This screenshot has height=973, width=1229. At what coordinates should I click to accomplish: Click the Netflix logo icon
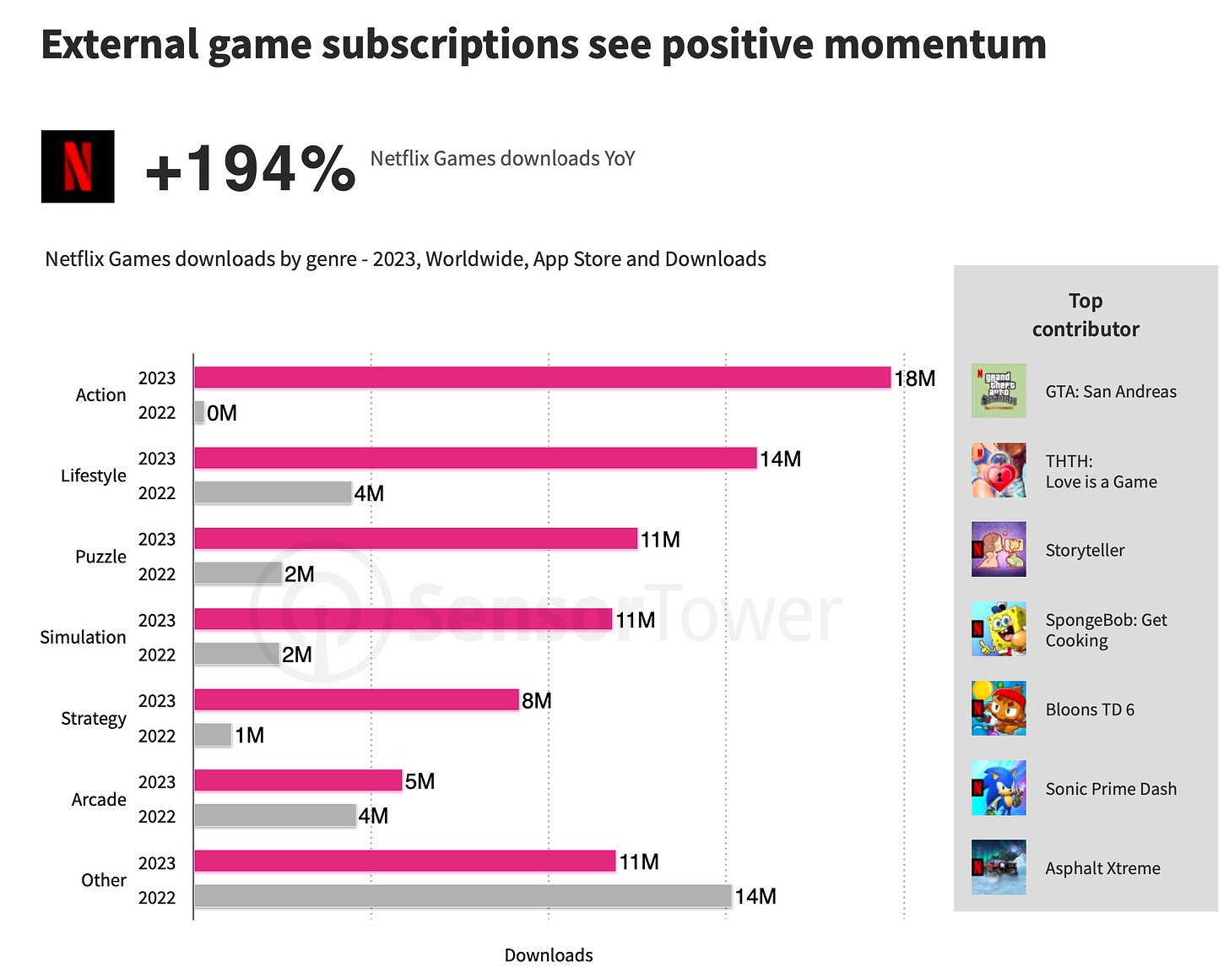[78, 166]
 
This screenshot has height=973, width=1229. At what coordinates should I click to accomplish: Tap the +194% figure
[250, 169]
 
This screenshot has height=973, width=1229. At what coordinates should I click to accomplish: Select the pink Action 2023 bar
[542, 378]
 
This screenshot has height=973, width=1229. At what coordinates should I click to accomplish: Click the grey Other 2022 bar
[463, 896]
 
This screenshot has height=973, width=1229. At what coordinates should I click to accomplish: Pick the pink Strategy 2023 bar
[356, 699]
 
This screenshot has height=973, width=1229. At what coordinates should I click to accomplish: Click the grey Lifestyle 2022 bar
[273, 492]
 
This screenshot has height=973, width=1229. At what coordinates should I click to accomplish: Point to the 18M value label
[915, 378]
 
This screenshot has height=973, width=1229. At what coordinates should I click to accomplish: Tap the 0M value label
[222, 413]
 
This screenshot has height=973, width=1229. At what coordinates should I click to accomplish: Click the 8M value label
[537, 701]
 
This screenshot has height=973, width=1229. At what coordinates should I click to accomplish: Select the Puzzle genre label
[100, 557]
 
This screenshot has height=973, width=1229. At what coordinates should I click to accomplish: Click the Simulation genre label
[83, 638]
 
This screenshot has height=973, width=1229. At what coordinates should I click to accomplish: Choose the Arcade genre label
[99, 799]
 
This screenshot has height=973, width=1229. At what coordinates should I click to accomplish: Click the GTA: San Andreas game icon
[999, 391]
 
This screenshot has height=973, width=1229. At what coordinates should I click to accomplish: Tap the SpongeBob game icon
[999, 629]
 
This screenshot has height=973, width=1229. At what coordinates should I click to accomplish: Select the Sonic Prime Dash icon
[999, 788]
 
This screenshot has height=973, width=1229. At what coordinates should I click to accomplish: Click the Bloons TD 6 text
[1090, 709]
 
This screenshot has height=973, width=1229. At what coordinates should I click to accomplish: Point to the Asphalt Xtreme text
[1102, 868]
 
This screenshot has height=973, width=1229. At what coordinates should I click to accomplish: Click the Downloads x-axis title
[549, 955]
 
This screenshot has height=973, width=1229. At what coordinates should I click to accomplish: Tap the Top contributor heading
[1086, 315]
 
